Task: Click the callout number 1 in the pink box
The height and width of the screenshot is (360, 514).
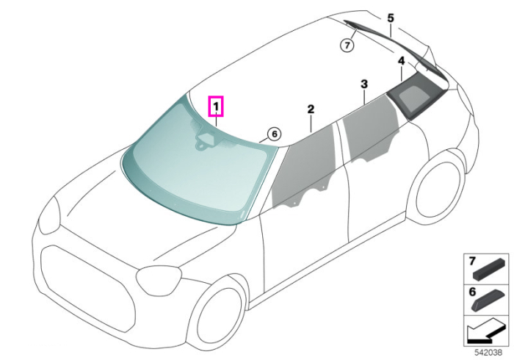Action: [x=216, y=107]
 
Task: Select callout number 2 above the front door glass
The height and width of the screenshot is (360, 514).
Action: [x=311, y=109]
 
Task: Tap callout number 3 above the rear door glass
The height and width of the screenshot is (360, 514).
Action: [x=364, y=84]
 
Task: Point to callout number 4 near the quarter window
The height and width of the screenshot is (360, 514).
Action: [x=401, y=61]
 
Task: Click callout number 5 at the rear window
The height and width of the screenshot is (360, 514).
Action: [x=391, y=18]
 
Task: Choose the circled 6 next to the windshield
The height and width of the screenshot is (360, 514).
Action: [x=274, y=134]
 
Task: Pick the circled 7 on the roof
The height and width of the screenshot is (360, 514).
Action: [x=347, y=44]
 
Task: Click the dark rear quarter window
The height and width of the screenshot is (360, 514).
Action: [x=416, y=95]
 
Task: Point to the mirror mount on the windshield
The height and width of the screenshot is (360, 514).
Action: [x=205, y=140]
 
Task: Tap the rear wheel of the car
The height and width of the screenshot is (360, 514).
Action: [x=438, y=187]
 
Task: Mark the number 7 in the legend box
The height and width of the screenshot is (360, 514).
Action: [x=472, y=262]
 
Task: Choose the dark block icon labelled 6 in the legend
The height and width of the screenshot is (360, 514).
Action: [x=488, y=300]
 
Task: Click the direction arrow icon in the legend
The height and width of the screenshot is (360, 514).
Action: [x=486, y=331]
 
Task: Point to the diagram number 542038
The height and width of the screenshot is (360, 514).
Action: [x=488, y=353]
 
